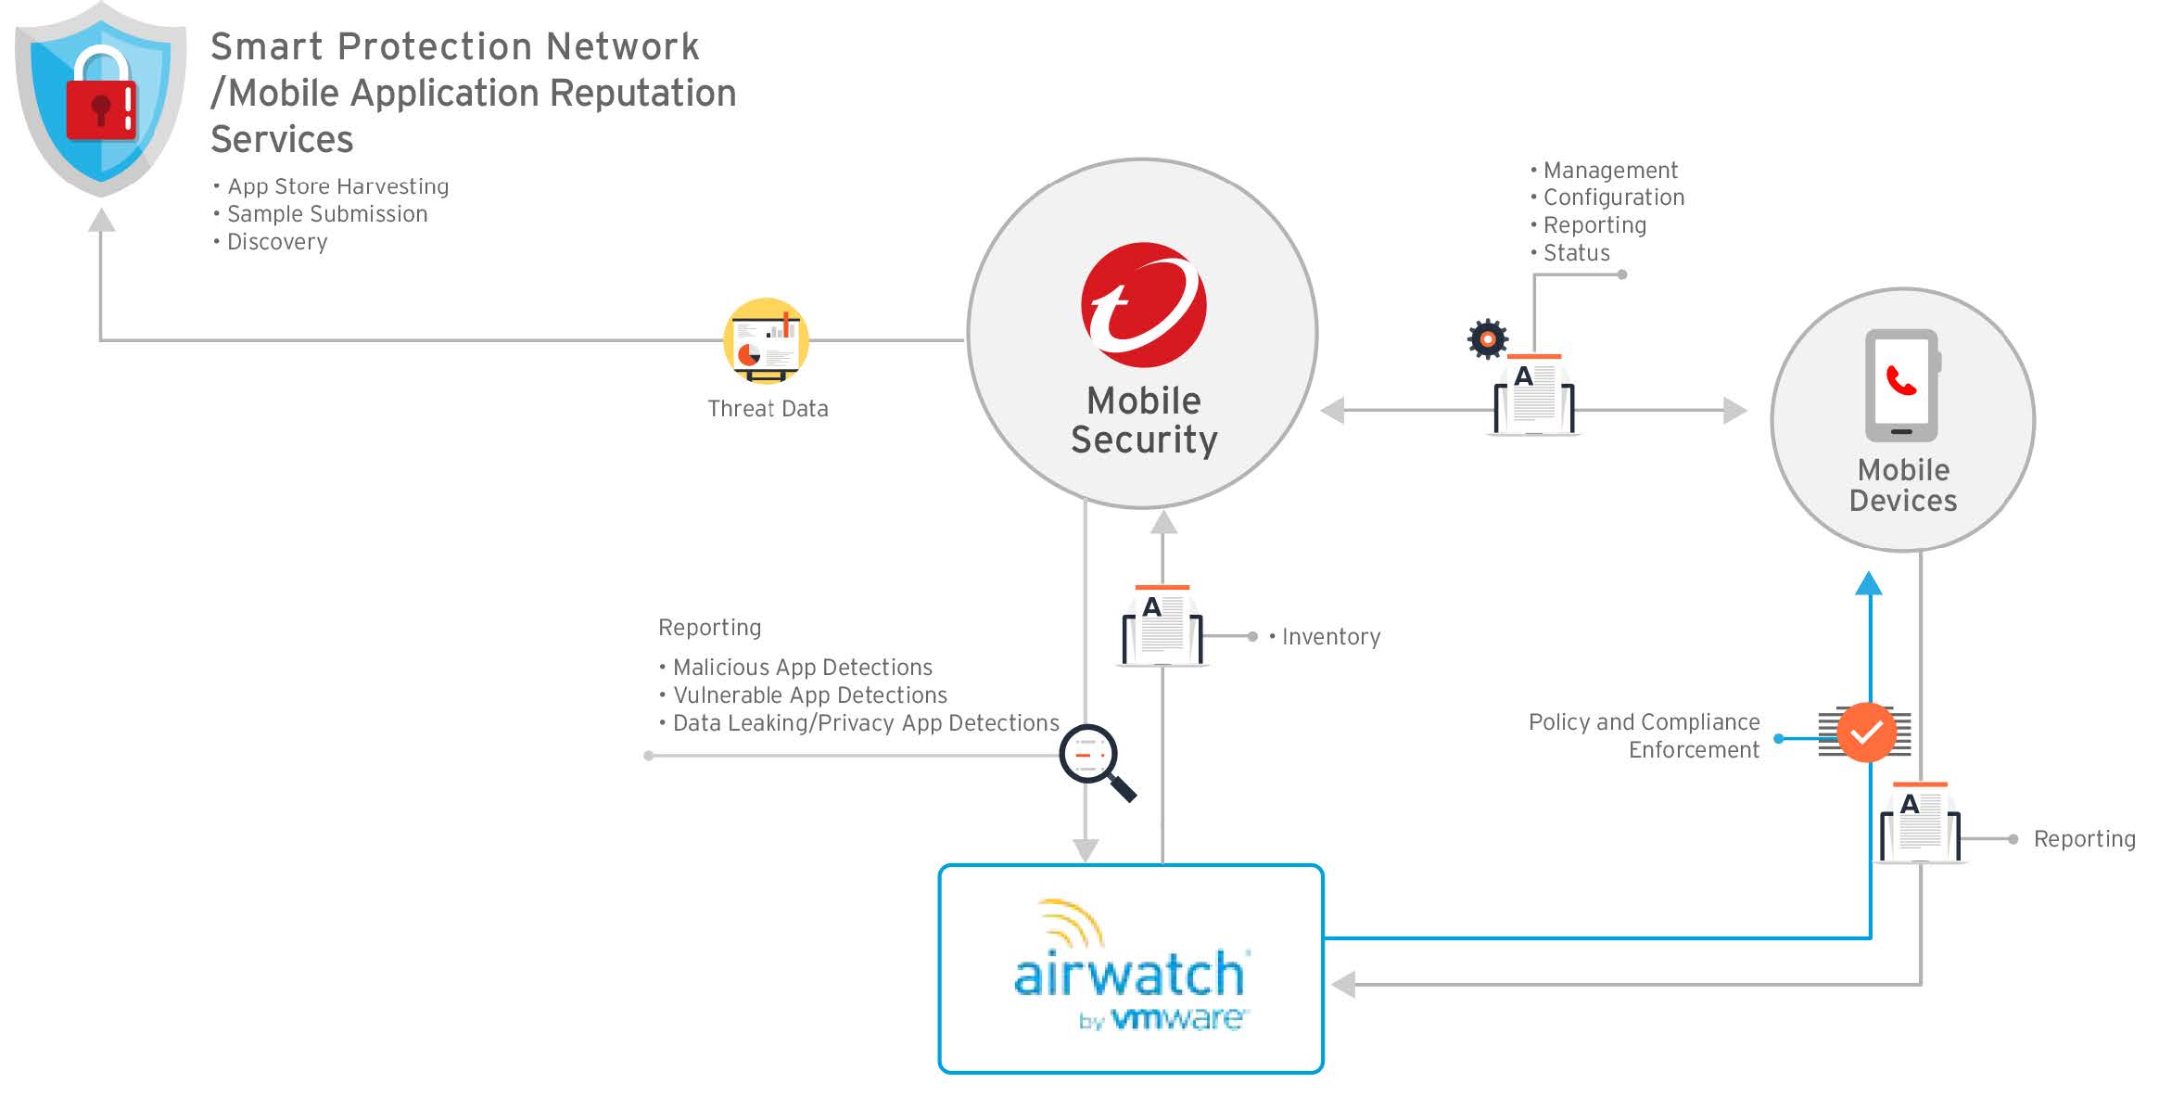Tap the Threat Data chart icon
pos(766,341)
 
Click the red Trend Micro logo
pos(1143,304)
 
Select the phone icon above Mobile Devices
pos(1901,385)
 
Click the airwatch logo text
pos(1130,975)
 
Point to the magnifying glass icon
pos(1094,759)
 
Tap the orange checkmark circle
pos(1866,733)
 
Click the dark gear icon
pos(1488,339)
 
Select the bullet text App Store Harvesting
pos(337,186)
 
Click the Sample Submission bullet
pos(327,214)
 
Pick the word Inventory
pos(1330,637)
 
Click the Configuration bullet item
pos(1613,198)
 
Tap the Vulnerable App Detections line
pos(809,695)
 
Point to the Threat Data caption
pos(768,409)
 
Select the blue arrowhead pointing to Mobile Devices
pos(1869,584)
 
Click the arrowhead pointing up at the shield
pos(101,221)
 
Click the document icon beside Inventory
pos(1162,627)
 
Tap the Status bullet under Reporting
pos(1576,253)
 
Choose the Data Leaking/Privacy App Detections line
pos(865,723)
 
